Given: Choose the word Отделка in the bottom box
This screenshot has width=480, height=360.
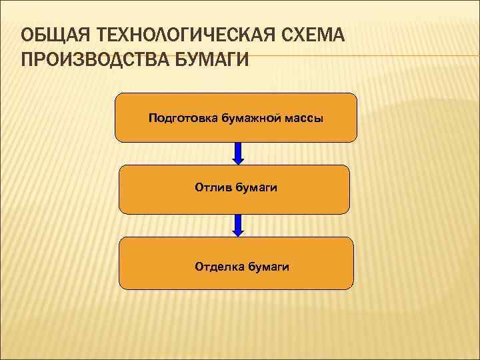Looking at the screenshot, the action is point(219,267).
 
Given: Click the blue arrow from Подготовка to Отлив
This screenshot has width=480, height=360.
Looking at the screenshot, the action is point(238,153).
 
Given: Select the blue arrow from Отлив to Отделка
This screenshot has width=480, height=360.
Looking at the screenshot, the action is point(238,225).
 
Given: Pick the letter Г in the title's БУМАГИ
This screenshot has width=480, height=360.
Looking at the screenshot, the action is point(230,61).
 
